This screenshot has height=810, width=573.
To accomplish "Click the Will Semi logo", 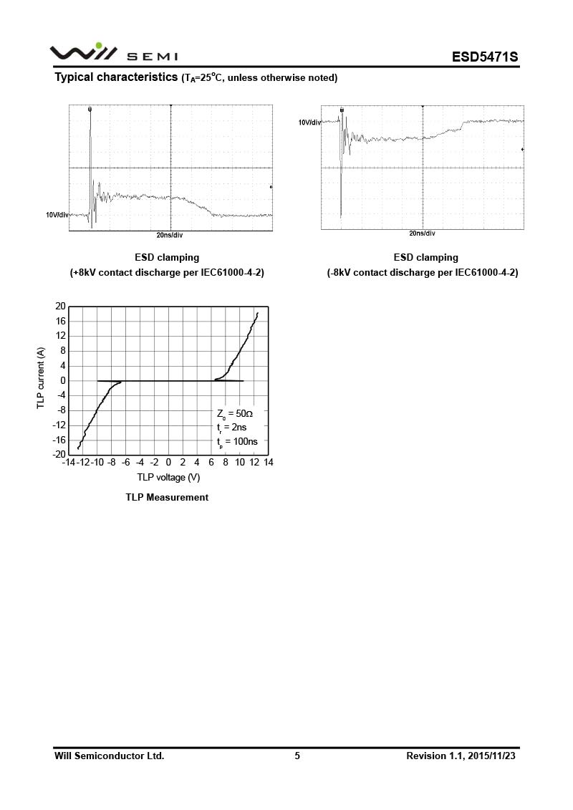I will [x=113, y=53].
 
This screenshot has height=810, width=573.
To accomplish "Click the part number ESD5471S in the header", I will [x=484, y=57].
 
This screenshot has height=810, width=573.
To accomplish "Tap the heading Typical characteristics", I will [x=116, y=77].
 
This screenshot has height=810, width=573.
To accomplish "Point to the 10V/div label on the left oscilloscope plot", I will [x=57, y=215].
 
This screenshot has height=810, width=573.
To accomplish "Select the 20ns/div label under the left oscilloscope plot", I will [x=170, y=235].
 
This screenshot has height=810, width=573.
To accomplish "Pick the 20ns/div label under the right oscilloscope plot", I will [x=422, y=233].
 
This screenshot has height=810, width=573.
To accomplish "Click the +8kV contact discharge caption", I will [x=167, y=273].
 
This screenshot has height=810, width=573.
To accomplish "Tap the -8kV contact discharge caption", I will [x=423, y=273].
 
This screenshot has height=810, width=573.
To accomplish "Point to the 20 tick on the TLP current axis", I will [x=60, y=307].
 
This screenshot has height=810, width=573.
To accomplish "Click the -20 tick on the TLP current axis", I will [x=59, y=455].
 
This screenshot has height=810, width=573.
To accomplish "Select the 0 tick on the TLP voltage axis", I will [x=168, y=463].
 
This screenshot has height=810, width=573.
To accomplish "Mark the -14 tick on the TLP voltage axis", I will [x=68, y=463].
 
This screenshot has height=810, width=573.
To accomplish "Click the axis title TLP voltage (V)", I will [x=168, y=477].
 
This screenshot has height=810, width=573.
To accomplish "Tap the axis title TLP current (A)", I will [x=41, y=379].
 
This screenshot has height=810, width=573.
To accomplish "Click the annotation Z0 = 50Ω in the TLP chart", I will [x=235, y=414].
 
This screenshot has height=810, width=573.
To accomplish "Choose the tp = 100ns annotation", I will [x=237, y=441].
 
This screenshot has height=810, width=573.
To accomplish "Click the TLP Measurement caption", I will [x=167, y=497].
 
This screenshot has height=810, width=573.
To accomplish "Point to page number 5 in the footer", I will [x=297, y=756].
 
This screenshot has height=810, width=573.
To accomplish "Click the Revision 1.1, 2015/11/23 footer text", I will [x=461, y=756].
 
